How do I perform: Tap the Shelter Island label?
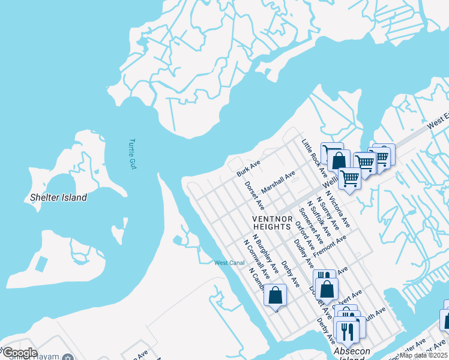pos(59,197)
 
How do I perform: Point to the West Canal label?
pos(229,263)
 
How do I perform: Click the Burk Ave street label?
pos(248,168)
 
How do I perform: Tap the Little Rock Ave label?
pos(314,157)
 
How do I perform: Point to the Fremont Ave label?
pos(330,245)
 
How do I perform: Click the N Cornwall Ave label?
pos(253,256)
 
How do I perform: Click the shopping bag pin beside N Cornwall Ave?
pos(275,295)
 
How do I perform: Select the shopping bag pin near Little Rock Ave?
pos(339,160)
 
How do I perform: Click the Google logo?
pos(20,353)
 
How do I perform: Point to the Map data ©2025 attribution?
pos(424,355)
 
